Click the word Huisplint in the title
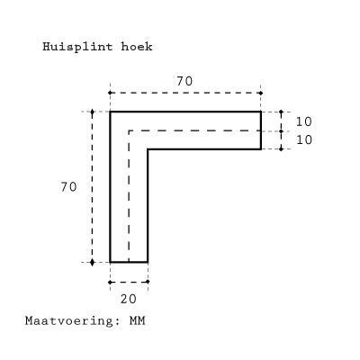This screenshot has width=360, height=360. [77, 47]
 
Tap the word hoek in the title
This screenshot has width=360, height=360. [137, 47]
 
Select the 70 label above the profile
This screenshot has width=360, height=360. [184, 81]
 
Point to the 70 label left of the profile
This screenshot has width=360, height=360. [68, 187]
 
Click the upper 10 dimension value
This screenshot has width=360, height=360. [304, 121]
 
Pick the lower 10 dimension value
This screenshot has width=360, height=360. [304, 139]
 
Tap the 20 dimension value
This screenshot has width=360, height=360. [129, 299]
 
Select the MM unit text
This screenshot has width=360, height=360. [138, 320]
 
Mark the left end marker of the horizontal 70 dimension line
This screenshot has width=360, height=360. [110, 93]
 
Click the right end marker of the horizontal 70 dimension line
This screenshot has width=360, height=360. [261, 93]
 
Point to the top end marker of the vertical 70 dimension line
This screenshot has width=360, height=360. [92, 112]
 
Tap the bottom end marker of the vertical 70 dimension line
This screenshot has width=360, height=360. [92, 263]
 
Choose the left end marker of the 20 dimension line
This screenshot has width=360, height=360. [110, 282]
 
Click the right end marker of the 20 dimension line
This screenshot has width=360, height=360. [148, 282]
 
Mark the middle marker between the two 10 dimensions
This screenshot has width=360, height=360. [281, 131]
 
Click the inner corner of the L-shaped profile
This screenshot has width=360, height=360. [148, 149]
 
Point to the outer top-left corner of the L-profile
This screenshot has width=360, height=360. [110, 112]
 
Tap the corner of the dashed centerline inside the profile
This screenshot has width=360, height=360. [129, 130]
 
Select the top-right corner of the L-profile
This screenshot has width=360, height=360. [261, 112]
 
